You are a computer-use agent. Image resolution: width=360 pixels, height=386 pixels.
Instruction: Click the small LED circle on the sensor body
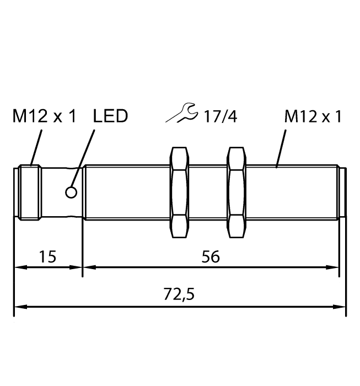tap(71, 192)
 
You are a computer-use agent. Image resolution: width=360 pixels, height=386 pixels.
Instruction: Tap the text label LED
tap(110, 116)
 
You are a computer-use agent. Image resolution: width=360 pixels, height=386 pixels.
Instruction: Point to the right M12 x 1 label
tap(313, 116)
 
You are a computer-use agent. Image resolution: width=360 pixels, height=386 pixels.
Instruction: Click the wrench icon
tap(182, 114)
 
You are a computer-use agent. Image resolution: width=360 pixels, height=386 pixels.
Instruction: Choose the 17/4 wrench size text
tap(219, 116)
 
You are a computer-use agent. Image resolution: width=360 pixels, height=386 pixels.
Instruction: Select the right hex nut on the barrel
tap(236, 192)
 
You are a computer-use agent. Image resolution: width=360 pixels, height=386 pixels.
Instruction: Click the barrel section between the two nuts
tap(207, 192)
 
